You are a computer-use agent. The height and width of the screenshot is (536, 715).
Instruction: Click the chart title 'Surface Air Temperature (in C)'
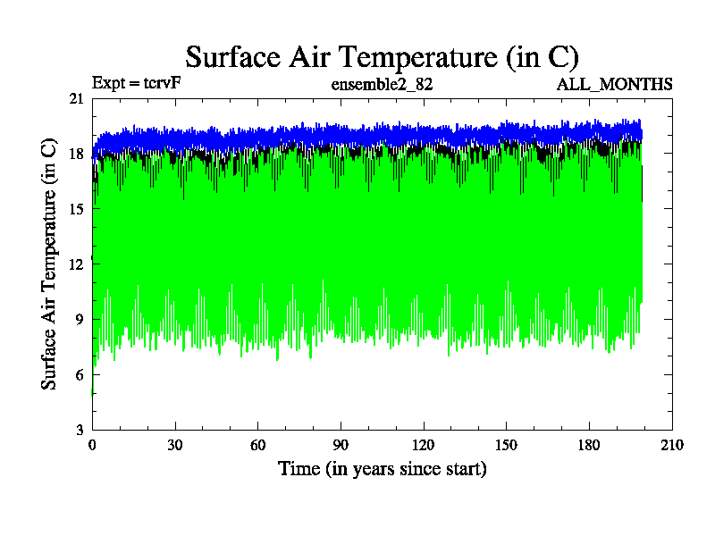382,56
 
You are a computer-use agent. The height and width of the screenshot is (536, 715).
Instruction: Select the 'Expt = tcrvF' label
137,84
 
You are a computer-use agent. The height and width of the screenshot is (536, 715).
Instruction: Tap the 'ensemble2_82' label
382,85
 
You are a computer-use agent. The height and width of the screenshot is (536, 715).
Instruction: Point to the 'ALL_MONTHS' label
615,85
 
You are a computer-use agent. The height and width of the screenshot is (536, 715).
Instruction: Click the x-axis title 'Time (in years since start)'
382,468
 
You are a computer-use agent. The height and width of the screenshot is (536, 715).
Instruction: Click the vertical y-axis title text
50,264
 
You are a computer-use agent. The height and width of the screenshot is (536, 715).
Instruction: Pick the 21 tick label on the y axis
76,99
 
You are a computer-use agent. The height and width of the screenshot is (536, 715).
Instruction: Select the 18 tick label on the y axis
76,155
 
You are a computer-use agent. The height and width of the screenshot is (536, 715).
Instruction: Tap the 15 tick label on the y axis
76,209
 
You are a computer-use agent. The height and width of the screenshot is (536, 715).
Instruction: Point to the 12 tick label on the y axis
76,264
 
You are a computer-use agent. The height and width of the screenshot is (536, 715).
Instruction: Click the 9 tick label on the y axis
80,320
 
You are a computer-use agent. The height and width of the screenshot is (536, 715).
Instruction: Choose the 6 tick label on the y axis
80,374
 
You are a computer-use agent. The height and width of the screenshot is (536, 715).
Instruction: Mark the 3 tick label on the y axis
80,430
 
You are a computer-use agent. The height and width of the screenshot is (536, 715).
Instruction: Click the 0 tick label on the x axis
92,445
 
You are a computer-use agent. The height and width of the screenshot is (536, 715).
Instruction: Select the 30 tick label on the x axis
175,445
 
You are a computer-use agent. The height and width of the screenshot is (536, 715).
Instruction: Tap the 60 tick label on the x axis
257,445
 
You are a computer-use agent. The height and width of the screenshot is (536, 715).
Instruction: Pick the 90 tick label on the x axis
341,445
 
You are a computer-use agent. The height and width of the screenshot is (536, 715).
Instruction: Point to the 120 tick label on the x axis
424,445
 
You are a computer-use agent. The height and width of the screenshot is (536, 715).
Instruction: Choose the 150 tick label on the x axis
506,445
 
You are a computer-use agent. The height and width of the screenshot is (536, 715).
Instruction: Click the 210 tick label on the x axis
671,445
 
